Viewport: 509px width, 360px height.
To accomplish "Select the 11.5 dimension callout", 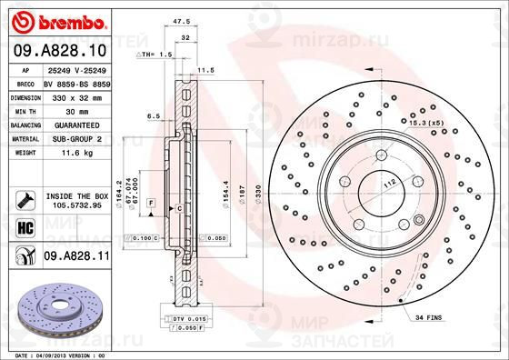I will pos(206,70).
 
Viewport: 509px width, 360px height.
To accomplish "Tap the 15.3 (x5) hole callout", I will pos(424,122).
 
